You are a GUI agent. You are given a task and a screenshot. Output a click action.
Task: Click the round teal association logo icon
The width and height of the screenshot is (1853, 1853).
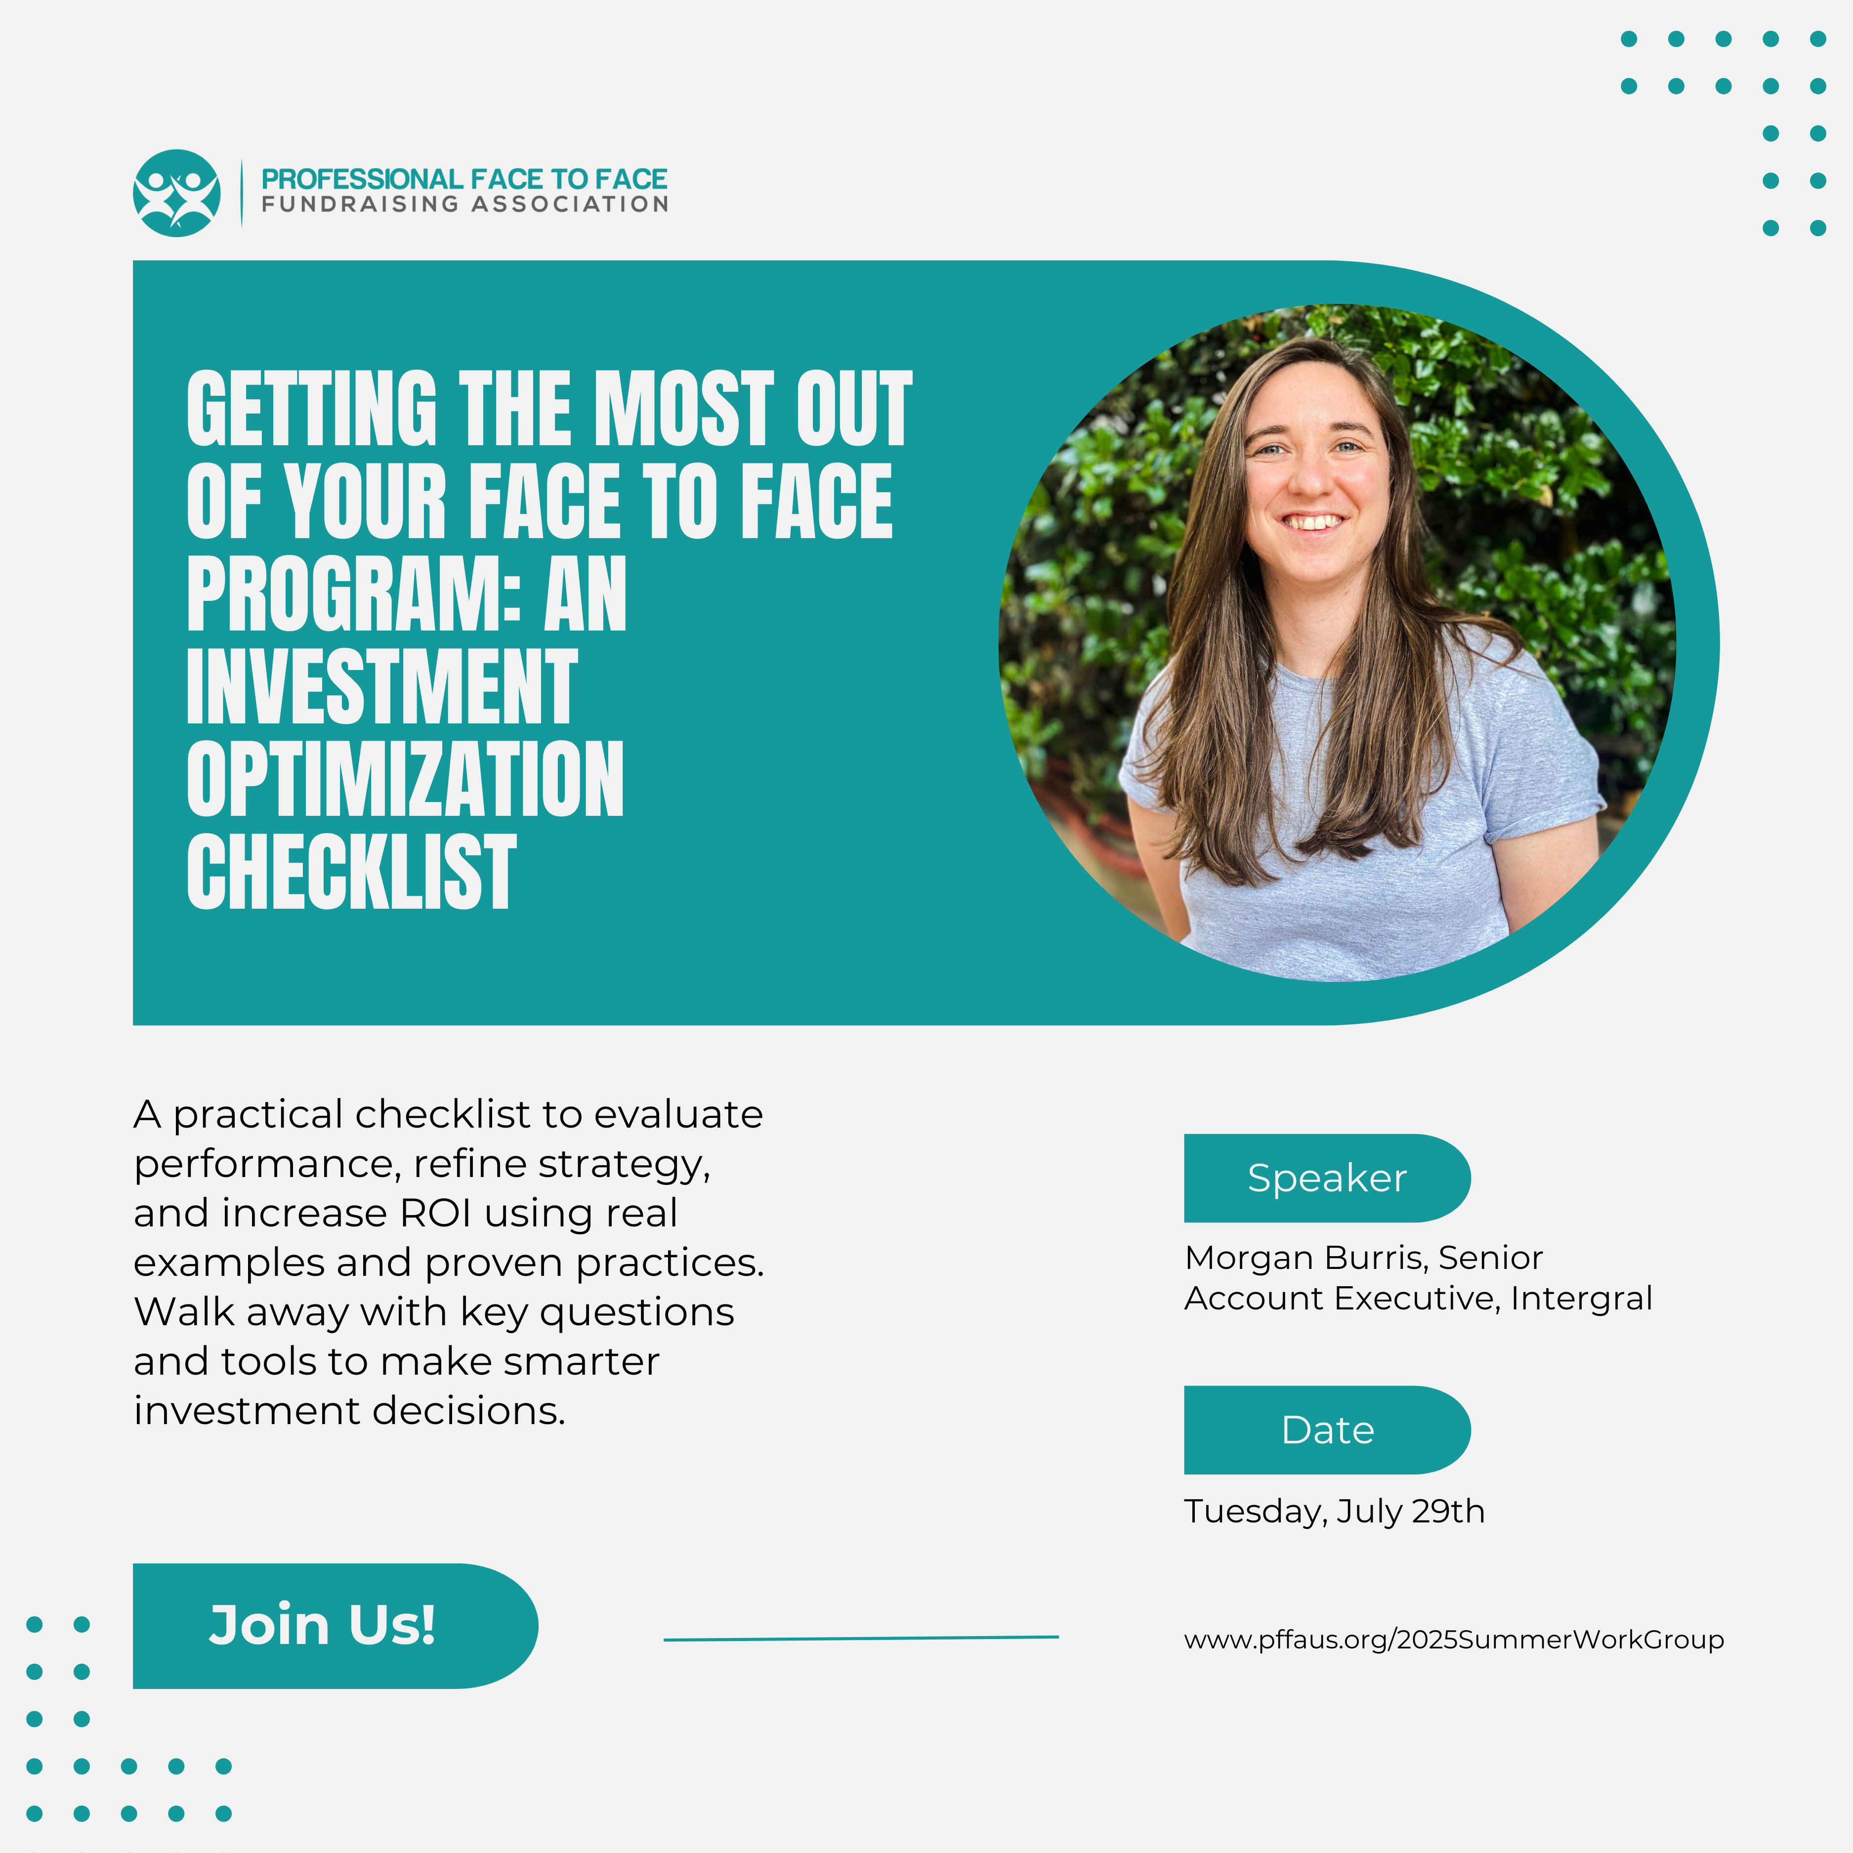tap(176, 193)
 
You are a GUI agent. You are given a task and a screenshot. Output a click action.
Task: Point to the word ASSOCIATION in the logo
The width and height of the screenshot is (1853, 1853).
tap(570, 204)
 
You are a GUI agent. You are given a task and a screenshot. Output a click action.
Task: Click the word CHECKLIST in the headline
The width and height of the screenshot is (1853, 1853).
tap(351, 872)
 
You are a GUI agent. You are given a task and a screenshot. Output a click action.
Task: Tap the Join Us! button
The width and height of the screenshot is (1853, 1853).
tap(335, 1626)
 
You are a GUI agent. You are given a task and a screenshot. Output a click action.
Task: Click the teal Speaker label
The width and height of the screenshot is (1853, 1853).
tap(1326, 1178)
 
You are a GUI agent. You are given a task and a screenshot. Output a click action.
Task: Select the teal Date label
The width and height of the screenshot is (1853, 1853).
tap(1326, 1430)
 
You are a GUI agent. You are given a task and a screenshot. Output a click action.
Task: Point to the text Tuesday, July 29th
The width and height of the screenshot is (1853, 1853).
tap(1334, 1512)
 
